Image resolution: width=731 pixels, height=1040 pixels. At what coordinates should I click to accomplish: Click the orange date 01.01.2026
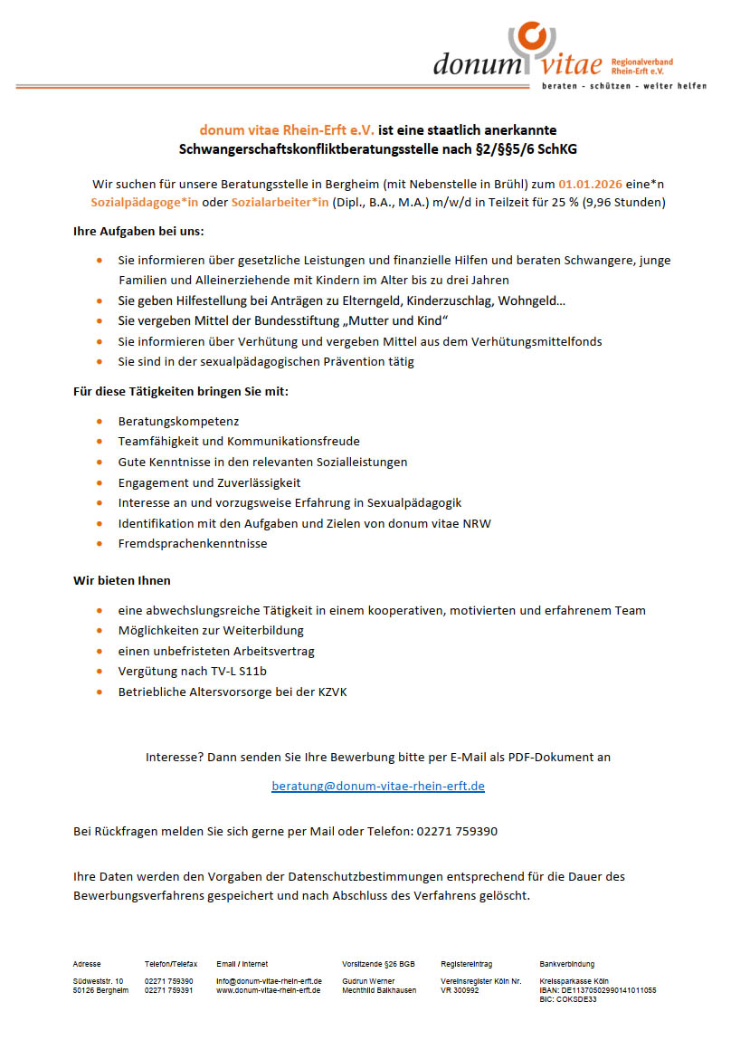pyautogui.click(x=590, y=183)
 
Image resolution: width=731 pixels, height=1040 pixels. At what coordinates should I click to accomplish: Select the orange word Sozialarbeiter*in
pyautogui.click(x=280, y=202)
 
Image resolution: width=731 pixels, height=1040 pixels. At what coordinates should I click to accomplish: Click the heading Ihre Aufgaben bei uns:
pyautogui.click(x=138, y=231)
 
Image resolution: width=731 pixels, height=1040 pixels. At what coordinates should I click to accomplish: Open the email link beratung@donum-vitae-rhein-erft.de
pyautogui.click(x=378, y=786)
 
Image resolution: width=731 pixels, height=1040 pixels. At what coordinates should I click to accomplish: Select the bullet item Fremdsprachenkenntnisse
pyautogui.click(x=193, y=543)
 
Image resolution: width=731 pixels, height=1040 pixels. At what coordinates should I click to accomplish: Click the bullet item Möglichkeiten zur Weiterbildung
pyautogui.click(x=211, y=630)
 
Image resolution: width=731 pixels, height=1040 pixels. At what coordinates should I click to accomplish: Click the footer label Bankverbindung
pyautogui.click(x=567, y=964)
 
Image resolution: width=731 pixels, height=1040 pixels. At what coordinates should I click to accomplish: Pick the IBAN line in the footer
pyautogui.click(x=597, y=990)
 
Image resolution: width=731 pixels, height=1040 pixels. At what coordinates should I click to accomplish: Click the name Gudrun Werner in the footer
pyautogui.click(x=368, y=981)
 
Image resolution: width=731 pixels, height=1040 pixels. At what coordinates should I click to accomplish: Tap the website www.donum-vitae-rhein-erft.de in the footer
pyautogui.click(x=268, y=990)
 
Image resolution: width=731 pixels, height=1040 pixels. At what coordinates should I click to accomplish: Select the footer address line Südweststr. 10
pyautogui.click(x=98, y=981)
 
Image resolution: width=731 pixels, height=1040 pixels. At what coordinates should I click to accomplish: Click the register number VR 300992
pyautogui.click(x=460, y=990)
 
